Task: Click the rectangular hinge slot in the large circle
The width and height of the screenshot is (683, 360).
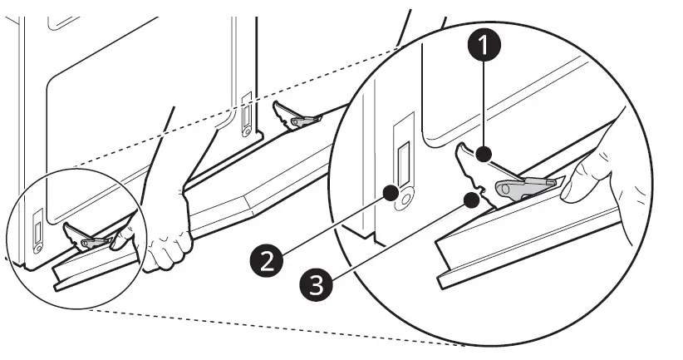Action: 404,164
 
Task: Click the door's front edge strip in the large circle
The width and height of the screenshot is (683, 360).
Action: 532,249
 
